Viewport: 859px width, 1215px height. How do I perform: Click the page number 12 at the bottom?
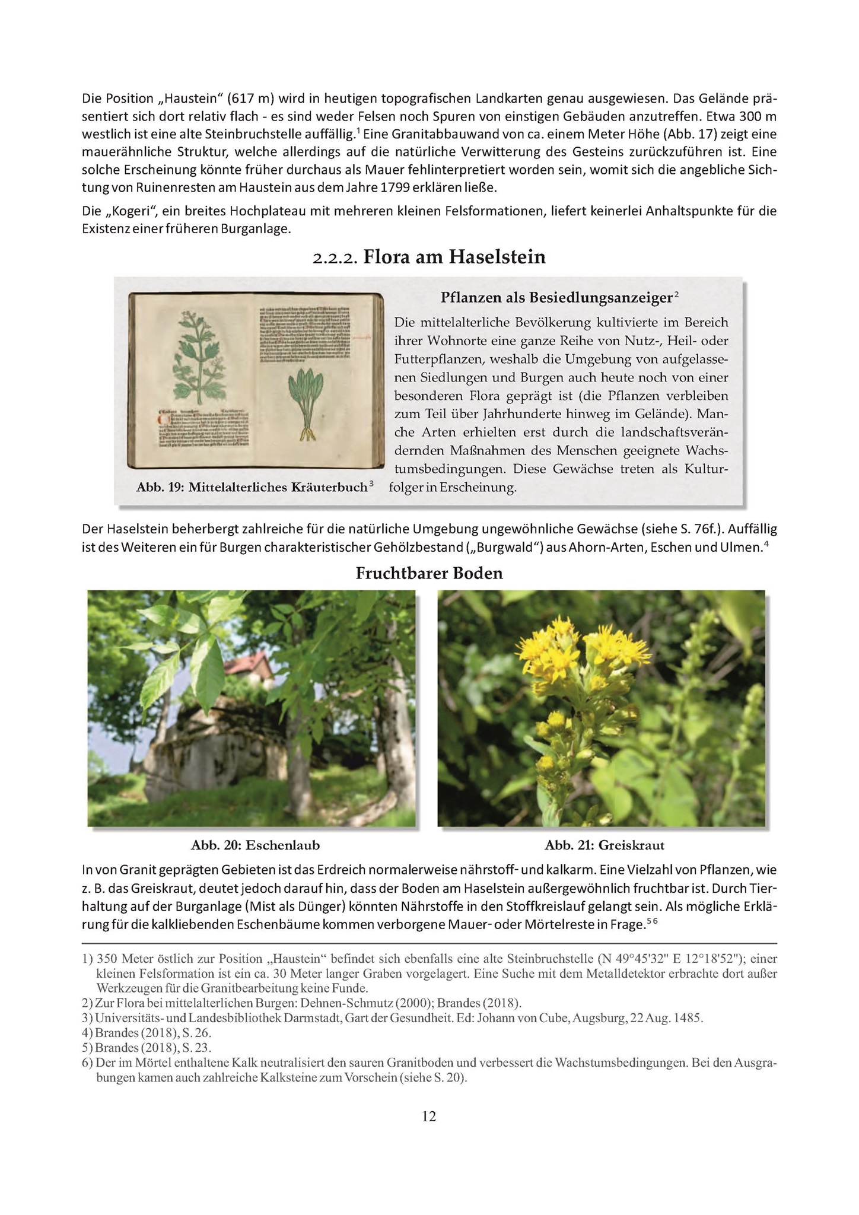pyautogui.click(x=429, y=1117)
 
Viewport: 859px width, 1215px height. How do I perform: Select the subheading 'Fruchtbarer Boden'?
pyautogui.click(x=429, y=573)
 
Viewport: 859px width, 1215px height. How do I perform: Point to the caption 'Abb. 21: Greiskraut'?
pyautogui.click(x=605, y=845)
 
